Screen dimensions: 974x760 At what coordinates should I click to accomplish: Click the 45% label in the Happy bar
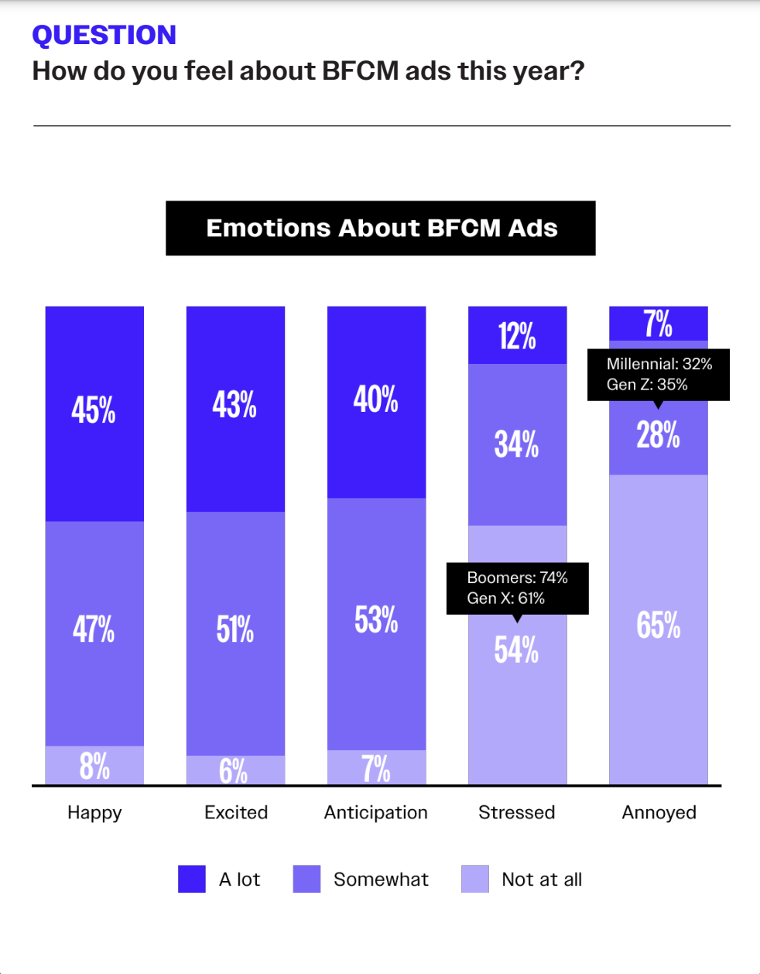(94, 410)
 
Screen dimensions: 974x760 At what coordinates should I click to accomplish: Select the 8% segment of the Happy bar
(94, 766)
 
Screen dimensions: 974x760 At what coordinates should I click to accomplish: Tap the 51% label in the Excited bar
(235, 629)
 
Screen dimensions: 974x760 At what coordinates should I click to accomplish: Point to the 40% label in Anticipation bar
(376, 400)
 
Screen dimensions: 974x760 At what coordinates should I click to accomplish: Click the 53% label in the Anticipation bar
(376, 619)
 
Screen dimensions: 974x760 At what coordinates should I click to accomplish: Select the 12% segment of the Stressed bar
(517, 336)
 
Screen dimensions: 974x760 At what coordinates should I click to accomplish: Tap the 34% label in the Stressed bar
(517, 444)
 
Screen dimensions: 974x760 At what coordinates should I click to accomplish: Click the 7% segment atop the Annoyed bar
(658, 324)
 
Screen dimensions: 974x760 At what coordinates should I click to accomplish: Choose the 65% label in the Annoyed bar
(659, 625)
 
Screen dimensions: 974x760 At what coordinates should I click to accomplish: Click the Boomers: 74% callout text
(517, 578)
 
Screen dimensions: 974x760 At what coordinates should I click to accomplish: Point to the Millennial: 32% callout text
(659, 364)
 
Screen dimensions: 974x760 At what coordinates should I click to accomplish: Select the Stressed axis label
(517, 812)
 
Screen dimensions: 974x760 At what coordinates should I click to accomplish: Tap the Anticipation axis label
(376, 812)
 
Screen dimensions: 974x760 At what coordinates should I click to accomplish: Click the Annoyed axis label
(659, 812)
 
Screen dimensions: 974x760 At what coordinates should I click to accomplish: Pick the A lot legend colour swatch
(192, 880)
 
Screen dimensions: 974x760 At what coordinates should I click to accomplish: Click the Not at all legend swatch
(475, 880)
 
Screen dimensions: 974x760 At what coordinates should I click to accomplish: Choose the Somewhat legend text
(381, 880)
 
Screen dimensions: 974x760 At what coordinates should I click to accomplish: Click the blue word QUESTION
(104, 35)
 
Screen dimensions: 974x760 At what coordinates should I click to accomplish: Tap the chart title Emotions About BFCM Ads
(382, 228)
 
